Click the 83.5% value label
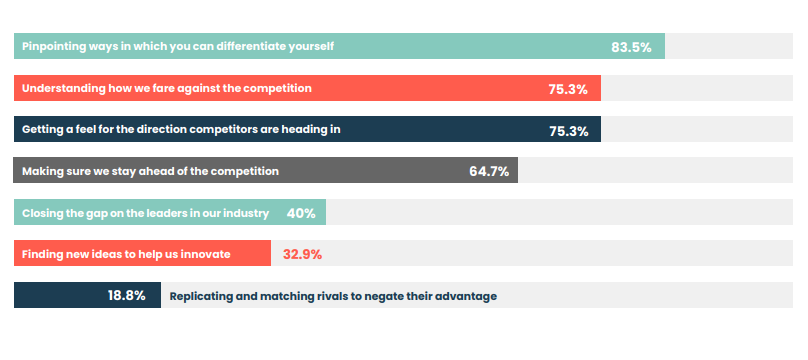click(x=631, y=47)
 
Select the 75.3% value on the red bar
click(x=568, y=89)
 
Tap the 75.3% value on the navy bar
click(x=568, y=130)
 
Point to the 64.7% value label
click(x=489, y=171)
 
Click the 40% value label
click(x=301, y=213)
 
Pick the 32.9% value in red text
click(x=302, y=254)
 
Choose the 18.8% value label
click(x=127, y=295)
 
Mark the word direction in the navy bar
click(x=159, y=130)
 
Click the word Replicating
click(x=204, y=296)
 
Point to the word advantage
click(x=466, y=296)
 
